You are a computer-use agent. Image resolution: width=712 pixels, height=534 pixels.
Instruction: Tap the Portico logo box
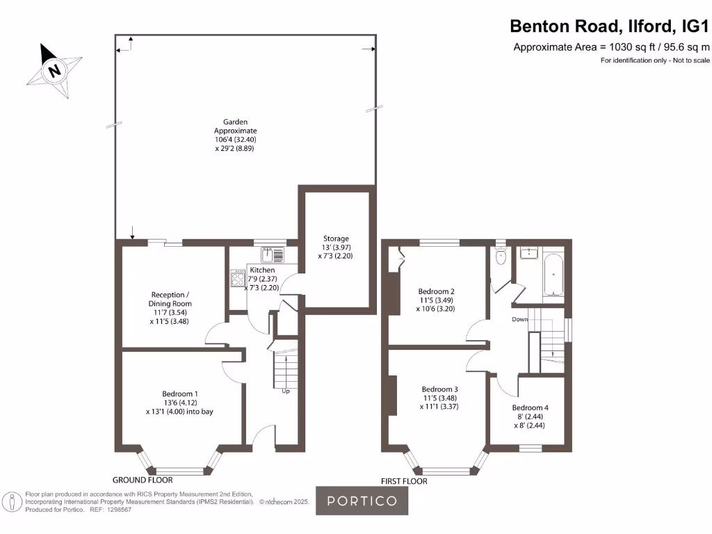pyautogui.click(x=362, y=501)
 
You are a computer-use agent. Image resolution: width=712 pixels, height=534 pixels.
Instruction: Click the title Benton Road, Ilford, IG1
pyautogui.click(x=610, y=26)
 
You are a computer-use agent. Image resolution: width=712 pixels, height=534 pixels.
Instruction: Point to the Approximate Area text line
pyautogui.click(x=611, y=47)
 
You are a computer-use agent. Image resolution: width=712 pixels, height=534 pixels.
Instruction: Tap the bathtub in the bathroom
pyautogui.click(x=553, y=275)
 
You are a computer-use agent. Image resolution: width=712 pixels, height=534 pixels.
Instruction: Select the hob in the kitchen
pyautogui.click(x=236, y=278)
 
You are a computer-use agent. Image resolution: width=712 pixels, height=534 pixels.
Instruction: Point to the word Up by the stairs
pyautogui.click(x=286, y=391)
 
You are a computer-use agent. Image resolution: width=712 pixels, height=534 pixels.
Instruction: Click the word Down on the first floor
pyautogui.click(x=519, y=319)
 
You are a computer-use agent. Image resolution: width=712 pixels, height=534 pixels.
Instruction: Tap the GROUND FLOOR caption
pyautogui.click(x=143, y=480)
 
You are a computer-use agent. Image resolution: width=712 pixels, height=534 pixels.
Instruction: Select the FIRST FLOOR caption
pyautogui.click(x=404, y=481)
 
